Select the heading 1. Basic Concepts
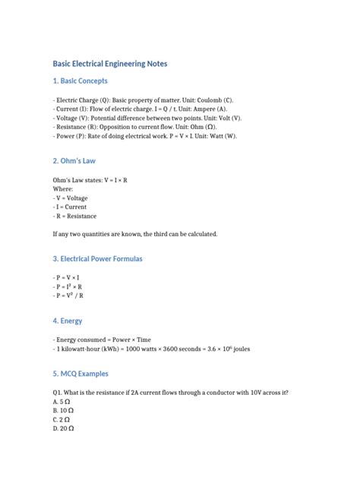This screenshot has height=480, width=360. [x=81, y=81]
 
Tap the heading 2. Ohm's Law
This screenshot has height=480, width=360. [x=74, y=161]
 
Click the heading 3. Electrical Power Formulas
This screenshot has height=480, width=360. [x=97, y=259]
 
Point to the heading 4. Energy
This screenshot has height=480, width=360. [x=68, y=321]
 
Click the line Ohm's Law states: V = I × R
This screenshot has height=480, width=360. [x=90, y=179]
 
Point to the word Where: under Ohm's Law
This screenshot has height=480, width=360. [x=62, y=188]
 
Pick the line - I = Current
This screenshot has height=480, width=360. [x=70, y=207]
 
